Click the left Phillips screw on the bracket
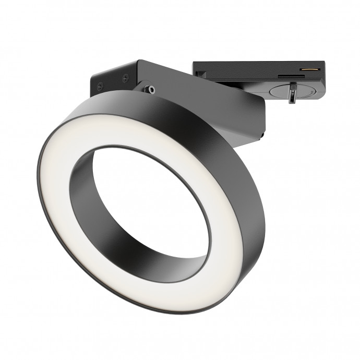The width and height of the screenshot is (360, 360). pyautogui.click(x=100, y=87)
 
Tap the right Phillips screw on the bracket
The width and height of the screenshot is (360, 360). pyautogui.click(x=125, y=79)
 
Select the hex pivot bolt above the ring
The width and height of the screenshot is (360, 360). pyautogui.click(x=150, y=89)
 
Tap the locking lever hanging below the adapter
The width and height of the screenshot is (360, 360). pyautogui.click(x=293, y=96)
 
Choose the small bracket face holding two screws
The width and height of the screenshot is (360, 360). pyautogui.click(x=112, y=81)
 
